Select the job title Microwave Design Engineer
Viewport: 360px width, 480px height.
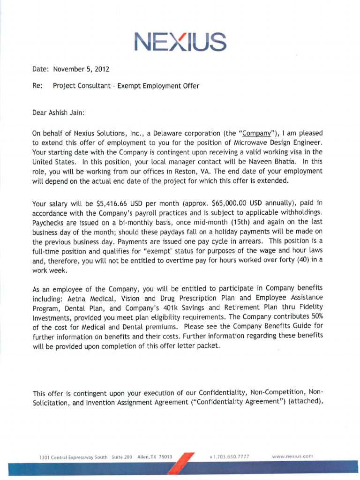click(279, 142)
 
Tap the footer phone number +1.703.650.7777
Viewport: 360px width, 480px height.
click(230, 456)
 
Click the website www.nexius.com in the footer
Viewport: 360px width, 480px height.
click(292, 456)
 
